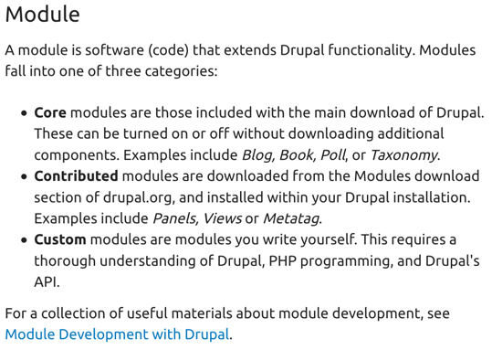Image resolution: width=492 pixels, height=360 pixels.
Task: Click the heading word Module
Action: [42, 15]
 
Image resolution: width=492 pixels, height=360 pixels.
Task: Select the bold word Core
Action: [50, 112]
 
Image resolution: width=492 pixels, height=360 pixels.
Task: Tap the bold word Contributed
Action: [76, 175]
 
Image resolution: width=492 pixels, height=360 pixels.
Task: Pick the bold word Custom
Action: [60, 239]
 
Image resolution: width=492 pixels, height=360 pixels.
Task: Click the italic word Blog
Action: [258, 154]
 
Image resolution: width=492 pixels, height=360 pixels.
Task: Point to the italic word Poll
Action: [332, 154]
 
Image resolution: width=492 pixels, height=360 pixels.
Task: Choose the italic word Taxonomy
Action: [403, 154]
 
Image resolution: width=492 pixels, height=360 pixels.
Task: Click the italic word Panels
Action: [173, 218]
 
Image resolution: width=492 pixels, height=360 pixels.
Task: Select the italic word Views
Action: [222, 218]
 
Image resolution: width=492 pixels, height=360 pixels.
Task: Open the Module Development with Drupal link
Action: [117, 334]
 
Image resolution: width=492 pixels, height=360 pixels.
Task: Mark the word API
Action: [47, 281]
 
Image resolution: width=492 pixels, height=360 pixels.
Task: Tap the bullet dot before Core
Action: [23, 113]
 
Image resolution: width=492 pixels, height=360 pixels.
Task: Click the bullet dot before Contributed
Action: [23, 176]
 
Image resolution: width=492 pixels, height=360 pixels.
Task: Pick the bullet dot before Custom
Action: [23, 240]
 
